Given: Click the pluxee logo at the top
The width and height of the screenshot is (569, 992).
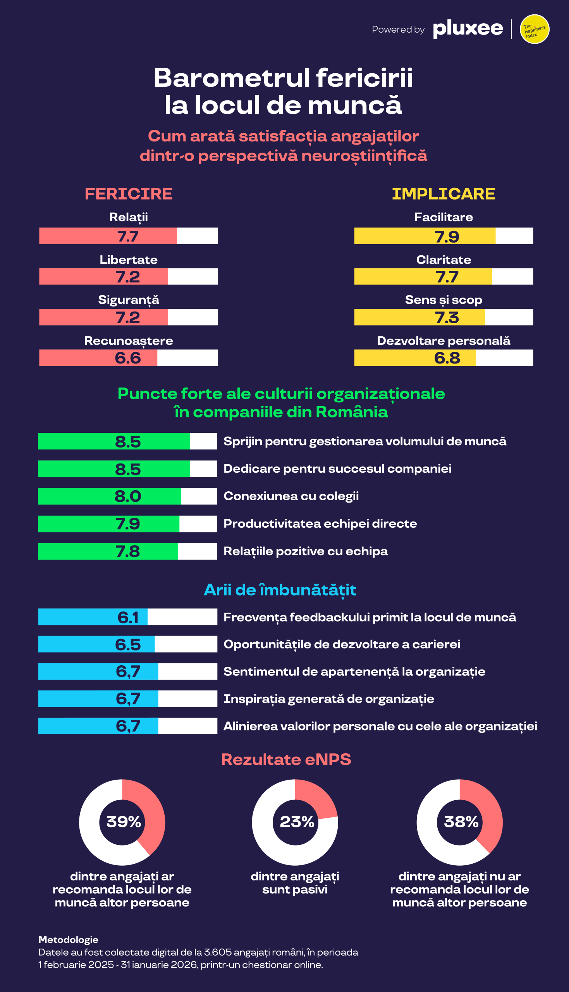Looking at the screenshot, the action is click(x=468, y=29).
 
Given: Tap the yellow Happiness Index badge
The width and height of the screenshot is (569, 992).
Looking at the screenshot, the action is click(x=535, y=29).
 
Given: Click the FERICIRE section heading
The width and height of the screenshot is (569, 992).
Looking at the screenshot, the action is click(x=129, y=194).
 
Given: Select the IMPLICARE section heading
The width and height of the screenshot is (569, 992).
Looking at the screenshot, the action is click(x=444, y=194).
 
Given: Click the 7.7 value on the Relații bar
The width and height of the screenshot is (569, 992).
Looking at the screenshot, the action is click(x=128, y=236).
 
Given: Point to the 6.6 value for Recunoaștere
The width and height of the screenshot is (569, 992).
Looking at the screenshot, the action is click(x=128, y=358).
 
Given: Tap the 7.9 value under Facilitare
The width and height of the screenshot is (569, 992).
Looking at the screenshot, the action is click(x=447, y=236).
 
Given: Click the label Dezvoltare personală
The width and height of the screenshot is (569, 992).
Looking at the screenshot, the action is click(x=444, y=341).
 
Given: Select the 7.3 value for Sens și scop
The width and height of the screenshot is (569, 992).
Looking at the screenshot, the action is click(x=447, y=317).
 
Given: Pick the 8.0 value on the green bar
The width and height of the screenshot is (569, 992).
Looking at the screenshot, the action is click(x=128, y=496).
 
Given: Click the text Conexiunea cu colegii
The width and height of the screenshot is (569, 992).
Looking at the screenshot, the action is click(x=291, y=496).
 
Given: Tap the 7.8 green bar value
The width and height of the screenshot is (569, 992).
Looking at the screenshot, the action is click(x=128, y=551).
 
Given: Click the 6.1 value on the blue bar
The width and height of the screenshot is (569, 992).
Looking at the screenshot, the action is click(x=128, y=618).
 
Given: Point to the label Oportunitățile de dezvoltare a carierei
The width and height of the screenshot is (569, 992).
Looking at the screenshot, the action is click(x=342, y=644).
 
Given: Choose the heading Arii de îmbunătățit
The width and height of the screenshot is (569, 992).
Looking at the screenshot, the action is click(x=280, y=590).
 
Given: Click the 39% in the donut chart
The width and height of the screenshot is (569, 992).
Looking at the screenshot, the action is click(x=124, y=822).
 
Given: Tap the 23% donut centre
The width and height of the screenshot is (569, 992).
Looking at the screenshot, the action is click(x=297, y=822).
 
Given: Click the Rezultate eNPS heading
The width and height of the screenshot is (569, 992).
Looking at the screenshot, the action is click(x=286, y=759).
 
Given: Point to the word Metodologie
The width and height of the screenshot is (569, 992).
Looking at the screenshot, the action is click(x=69, y=940).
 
